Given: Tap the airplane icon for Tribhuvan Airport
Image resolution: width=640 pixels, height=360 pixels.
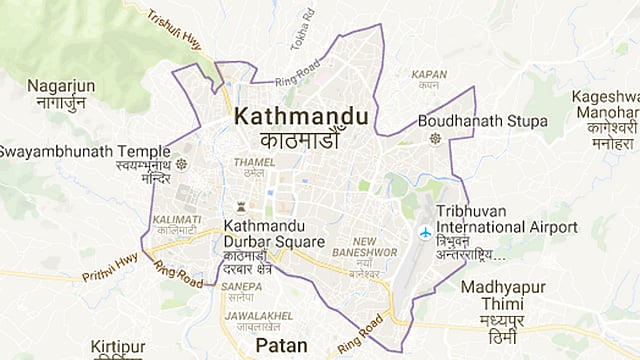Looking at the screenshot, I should point(425,232).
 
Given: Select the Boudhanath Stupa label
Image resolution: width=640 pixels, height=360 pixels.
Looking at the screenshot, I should point(483,121).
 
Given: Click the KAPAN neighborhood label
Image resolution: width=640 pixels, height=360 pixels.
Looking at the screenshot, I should point(428,74).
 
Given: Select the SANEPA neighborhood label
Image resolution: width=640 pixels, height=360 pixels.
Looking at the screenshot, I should point(243,286).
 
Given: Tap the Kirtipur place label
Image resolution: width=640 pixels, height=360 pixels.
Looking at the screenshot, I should point(118,347).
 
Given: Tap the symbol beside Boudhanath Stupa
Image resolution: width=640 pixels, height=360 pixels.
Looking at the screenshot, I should point(434,138).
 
